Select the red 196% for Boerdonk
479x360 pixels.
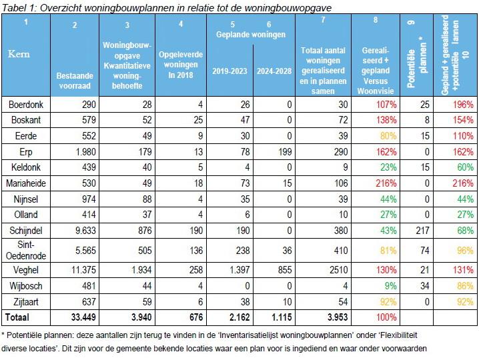(x=463, y=105)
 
